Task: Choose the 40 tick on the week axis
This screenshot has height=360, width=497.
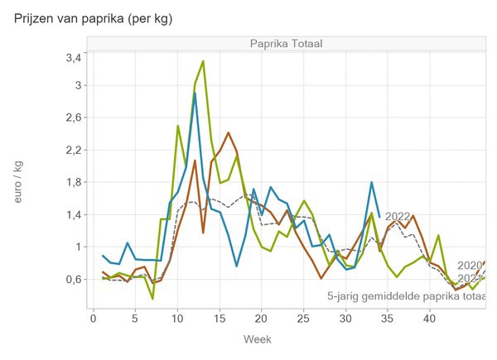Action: tap(429, 318)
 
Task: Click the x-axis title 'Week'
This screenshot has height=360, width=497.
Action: tap(257, 339)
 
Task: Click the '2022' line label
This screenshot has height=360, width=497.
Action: tap(398, 217)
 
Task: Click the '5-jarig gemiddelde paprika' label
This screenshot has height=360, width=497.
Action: tap(406, 295)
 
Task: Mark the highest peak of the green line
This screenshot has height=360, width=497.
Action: tap(203, 61)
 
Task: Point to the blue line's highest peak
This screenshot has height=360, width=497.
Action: tap(194, 94)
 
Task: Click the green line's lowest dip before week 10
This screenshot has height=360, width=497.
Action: tap(152, 298)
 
